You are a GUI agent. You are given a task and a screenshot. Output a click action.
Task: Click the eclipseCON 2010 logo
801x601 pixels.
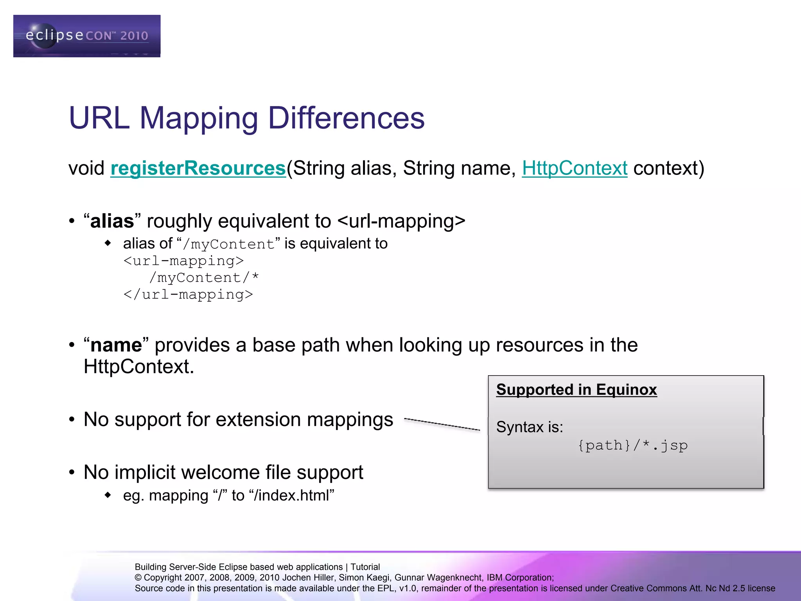(86, 36)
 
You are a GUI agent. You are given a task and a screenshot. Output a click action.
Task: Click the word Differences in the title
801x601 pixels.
(346, 118)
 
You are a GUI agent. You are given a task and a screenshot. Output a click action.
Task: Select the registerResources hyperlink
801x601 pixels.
(198, 168)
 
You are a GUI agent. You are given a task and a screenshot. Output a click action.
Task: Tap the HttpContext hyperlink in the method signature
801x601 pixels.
(575, 168)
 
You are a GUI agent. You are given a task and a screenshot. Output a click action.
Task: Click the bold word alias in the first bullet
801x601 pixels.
(112, 221)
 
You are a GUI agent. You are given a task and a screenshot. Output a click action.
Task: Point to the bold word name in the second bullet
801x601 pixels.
(116, 345)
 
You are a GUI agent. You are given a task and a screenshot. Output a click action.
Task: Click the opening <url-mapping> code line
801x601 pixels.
(184, 261)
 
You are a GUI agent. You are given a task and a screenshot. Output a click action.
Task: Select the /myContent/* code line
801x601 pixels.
(204, 277)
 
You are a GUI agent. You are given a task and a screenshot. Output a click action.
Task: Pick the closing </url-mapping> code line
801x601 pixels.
(188, 294)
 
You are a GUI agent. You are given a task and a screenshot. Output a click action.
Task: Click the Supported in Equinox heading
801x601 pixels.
(576, 390)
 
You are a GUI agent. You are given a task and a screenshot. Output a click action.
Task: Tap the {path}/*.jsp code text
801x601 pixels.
(632, 445)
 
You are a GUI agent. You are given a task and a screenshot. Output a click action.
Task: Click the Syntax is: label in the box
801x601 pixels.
(530, 427)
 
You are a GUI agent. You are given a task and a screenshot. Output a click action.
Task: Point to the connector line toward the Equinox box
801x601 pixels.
(442, 425)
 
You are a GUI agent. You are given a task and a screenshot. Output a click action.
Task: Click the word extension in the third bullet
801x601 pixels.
(258, 419)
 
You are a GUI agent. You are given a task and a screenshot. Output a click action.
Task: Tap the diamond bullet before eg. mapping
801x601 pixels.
(108, 495)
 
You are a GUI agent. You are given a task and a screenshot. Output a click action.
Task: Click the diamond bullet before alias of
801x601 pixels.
(108, 243)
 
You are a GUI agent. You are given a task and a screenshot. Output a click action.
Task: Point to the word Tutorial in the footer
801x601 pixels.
(365, 567)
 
